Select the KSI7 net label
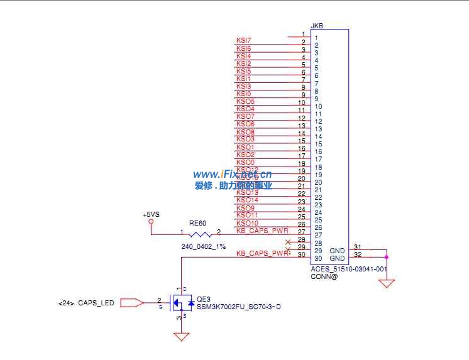tap(244, 41)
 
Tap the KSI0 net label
tap(244, 94)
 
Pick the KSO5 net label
tap(245, 101)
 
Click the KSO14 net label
tap(247, 200)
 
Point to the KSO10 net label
tap(247, 223)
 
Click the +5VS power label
tap(151, 214)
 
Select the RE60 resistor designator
tap(197, 223)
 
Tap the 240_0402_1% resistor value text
tap(203, 246)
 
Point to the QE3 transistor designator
tap(203, 299)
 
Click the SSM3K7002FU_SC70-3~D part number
tap(238, 307)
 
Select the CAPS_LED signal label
tap(96, 303)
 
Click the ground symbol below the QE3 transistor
tap(182, 337)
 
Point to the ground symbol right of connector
tap(387, 283)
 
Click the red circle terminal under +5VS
tap(151, 222)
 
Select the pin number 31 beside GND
tap(357, 247)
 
